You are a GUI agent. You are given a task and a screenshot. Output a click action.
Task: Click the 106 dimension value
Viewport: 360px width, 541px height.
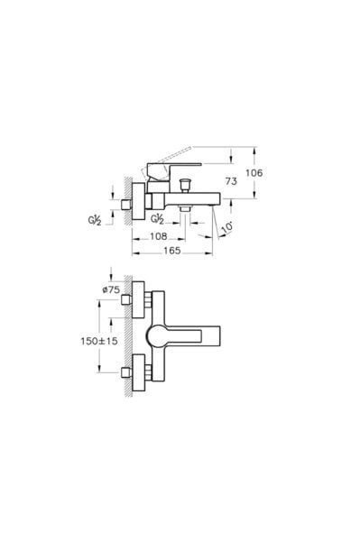254,173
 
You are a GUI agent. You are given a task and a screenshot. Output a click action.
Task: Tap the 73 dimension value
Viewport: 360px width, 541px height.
231,181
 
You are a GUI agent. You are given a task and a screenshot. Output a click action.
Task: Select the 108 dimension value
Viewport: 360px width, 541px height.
159,236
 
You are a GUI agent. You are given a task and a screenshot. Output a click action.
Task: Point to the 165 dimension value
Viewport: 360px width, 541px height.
172,251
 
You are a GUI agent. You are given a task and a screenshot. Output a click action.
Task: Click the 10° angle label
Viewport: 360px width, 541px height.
226,228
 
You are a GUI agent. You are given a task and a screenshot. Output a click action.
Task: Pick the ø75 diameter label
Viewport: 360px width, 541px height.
112,289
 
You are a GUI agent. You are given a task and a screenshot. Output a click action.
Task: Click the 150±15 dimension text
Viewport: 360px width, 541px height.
99,341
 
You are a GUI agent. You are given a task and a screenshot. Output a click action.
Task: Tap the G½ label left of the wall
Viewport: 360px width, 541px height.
94,220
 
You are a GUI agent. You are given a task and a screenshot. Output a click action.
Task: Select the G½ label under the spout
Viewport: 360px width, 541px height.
157,219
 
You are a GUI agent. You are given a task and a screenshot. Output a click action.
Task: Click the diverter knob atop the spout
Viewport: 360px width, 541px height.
186,185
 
